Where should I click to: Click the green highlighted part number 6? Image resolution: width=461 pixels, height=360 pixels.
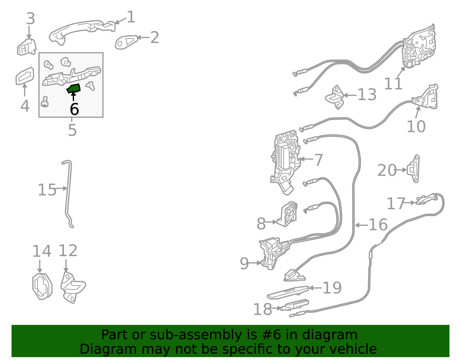click(73, 88)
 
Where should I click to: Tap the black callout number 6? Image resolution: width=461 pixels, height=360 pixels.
click(74, 109)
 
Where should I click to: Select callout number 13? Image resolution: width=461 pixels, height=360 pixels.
click(367, 95)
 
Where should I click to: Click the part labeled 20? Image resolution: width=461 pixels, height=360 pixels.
click(413, 169)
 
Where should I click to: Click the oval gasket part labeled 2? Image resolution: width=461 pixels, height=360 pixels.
click(126, 42)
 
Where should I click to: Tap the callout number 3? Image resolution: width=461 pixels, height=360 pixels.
click(31, 18)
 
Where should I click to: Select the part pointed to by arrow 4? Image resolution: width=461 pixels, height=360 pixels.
click(25, 76)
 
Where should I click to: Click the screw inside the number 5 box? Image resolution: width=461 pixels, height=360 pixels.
click(45, 102)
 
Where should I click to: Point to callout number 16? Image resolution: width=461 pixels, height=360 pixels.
click(378, 225)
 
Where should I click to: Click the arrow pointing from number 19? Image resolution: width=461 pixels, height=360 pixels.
click(315, 288)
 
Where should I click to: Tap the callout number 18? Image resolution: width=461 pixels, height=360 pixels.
click(262, 309)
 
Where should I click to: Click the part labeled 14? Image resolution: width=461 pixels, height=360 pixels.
click(42, 287)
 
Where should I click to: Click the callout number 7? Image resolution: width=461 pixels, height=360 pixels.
click(318, 160)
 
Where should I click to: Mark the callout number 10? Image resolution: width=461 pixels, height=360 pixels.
click(416, 127)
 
